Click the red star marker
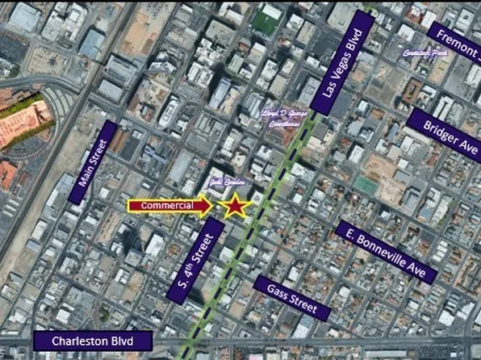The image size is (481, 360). click(234, 207)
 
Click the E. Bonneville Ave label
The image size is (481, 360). click(381, 252)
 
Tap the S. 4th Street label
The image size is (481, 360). click(194, 260)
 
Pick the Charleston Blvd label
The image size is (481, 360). click(92, 341)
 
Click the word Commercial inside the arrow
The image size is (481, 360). click(167, 207)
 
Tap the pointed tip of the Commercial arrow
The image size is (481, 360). click(212, 207)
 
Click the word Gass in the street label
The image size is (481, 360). click(275, 291)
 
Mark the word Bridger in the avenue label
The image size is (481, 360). click(435, 129)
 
